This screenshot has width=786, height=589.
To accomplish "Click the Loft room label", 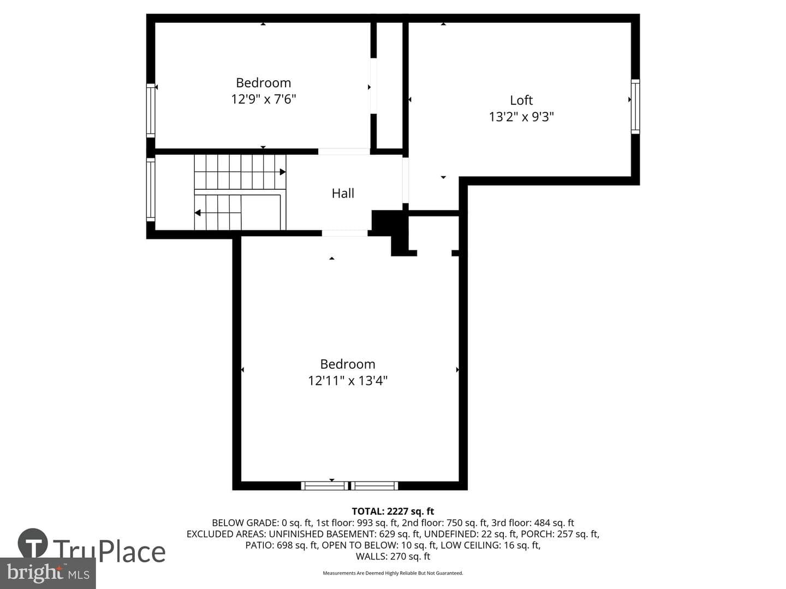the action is tap(521, 100).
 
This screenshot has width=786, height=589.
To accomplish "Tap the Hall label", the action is tap(343, 194).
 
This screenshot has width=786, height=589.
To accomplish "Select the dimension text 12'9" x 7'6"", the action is tap(264, 99).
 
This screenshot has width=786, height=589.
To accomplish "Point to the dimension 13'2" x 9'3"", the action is tap(521, 117).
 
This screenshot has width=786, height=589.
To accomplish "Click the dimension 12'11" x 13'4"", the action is tap(348, 381).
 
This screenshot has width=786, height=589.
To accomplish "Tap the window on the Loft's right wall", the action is tap(635, 106).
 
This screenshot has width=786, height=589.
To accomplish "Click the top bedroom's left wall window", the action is tap(151, 111).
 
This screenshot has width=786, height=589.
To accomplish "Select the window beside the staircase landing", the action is tap(151, 190).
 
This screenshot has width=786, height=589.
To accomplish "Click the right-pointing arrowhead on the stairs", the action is tap(283, 172).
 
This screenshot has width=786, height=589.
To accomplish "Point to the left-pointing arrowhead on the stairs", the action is tap(197, 213).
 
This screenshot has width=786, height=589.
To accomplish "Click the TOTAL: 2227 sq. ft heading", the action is tap(393, 512).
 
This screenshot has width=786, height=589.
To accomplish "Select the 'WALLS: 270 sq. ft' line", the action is tap(393, 556).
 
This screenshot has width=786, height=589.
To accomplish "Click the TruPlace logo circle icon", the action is tap(33, 543).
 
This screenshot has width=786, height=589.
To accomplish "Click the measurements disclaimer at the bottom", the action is tap(393, 573).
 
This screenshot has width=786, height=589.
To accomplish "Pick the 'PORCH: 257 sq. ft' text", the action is tap(559, 534).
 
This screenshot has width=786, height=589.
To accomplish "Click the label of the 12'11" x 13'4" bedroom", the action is tap(348, 364).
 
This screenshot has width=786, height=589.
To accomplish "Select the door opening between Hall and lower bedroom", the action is tap(344, 233).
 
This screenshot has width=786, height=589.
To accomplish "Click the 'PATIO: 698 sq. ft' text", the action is tap(281, 545).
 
